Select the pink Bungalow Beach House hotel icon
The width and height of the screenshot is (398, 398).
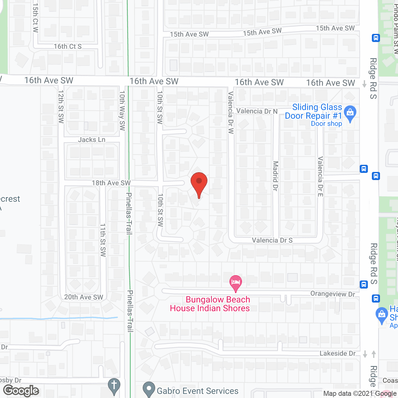point(236,282)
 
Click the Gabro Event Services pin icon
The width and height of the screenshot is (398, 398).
point(149,389)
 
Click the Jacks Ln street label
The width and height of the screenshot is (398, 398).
point(92,140)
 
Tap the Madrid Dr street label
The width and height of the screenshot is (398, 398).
point(275,176)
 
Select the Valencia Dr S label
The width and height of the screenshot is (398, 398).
point(272,240)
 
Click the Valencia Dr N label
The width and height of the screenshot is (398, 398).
point(257,111)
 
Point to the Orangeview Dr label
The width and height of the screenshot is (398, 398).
point(333,294)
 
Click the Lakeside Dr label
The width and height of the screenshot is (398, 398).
point(338,354)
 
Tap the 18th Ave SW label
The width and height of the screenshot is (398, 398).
point(111,183)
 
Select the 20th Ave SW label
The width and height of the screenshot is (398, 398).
point(84,297)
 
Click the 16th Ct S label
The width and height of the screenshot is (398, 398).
point(67,46)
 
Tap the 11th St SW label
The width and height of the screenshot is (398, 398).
point(103,240)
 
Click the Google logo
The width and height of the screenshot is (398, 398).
point(21,391)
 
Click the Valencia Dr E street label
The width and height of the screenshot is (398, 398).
point(320,177)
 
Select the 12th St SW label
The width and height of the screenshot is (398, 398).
point(61,107)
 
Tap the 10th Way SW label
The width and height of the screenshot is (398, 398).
point(122,111)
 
